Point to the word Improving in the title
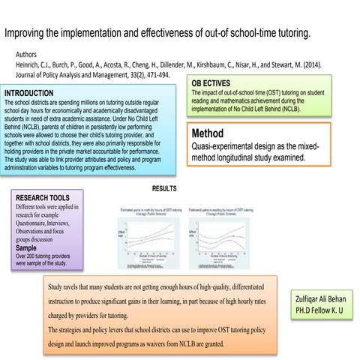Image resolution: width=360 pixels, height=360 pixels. pyautogui.click(x=27, y=34)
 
